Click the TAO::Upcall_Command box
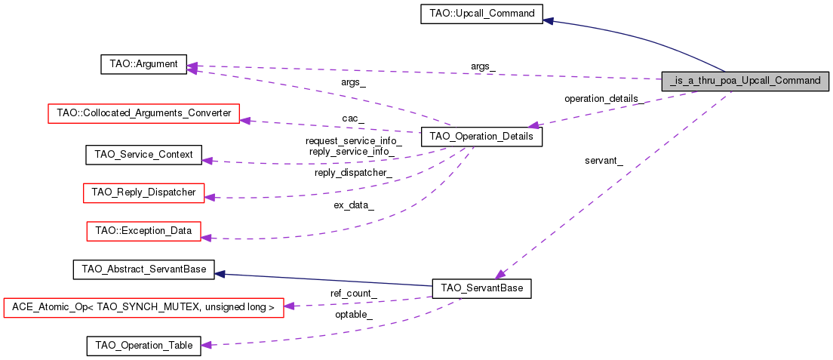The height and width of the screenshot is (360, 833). coord(481,14)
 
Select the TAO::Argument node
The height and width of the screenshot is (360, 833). coord(143,64)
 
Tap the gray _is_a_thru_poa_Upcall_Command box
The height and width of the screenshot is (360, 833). coord(745,80)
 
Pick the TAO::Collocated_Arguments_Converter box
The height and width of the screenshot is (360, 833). coord(143,114)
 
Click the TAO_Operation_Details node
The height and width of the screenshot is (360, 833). coord(481,137)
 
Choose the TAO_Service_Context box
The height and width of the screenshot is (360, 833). coord(143,155)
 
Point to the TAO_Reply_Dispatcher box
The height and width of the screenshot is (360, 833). coord(143,192)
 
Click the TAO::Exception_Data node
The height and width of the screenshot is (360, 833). coord(143,230)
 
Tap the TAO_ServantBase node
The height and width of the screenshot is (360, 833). coord(481,288)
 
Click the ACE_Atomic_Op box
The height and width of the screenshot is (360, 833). coord(143,307)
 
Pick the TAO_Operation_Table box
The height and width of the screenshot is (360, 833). coord(143,346)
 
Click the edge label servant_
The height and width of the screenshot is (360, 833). coord(604,160)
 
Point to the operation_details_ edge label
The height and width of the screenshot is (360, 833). coord(604,99)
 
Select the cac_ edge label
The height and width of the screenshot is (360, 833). coord(352,118)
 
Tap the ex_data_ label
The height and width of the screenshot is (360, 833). coord(354,205)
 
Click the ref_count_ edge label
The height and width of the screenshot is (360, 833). coord(354,293)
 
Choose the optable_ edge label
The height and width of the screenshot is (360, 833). coord(354,314)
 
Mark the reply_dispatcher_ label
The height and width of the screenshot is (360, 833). coord(353,173)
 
